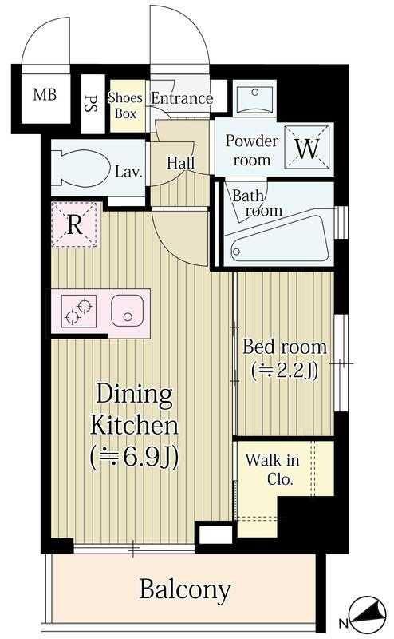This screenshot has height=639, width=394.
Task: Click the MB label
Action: coord(45,95)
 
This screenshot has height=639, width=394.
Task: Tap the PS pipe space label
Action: coord(91,104)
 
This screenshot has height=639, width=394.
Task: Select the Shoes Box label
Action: coord(125,105)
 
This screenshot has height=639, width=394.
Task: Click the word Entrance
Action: coord(182,98)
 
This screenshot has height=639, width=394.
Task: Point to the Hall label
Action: coord(181,163)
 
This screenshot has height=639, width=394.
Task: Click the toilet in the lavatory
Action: coord(81,169)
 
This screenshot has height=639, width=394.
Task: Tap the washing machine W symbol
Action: coord(307,147)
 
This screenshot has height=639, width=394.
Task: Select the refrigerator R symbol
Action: coord(75,224)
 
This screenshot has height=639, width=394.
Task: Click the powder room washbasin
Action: coord(255,97)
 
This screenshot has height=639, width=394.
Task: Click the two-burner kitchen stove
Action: coord(78,311)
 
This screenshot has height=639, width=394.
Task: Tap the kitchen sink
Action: coord(128,311)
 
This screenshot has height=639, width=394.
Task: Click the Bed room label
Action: coord(285,347)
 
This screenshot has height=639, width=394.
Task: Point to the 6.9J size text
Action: coord(134,458)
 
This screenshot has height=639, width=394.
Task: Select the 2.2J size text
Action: coord(285,371)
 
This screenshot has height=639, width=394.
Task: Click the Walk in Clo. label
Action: coord(273,470)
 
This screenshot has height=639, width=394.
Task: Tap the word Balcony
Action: coord(185,589)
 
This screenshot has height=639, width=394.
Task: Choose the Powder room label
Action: coord(252,150)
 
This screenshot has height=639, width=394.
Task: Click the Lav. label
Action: coord(128,172)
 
